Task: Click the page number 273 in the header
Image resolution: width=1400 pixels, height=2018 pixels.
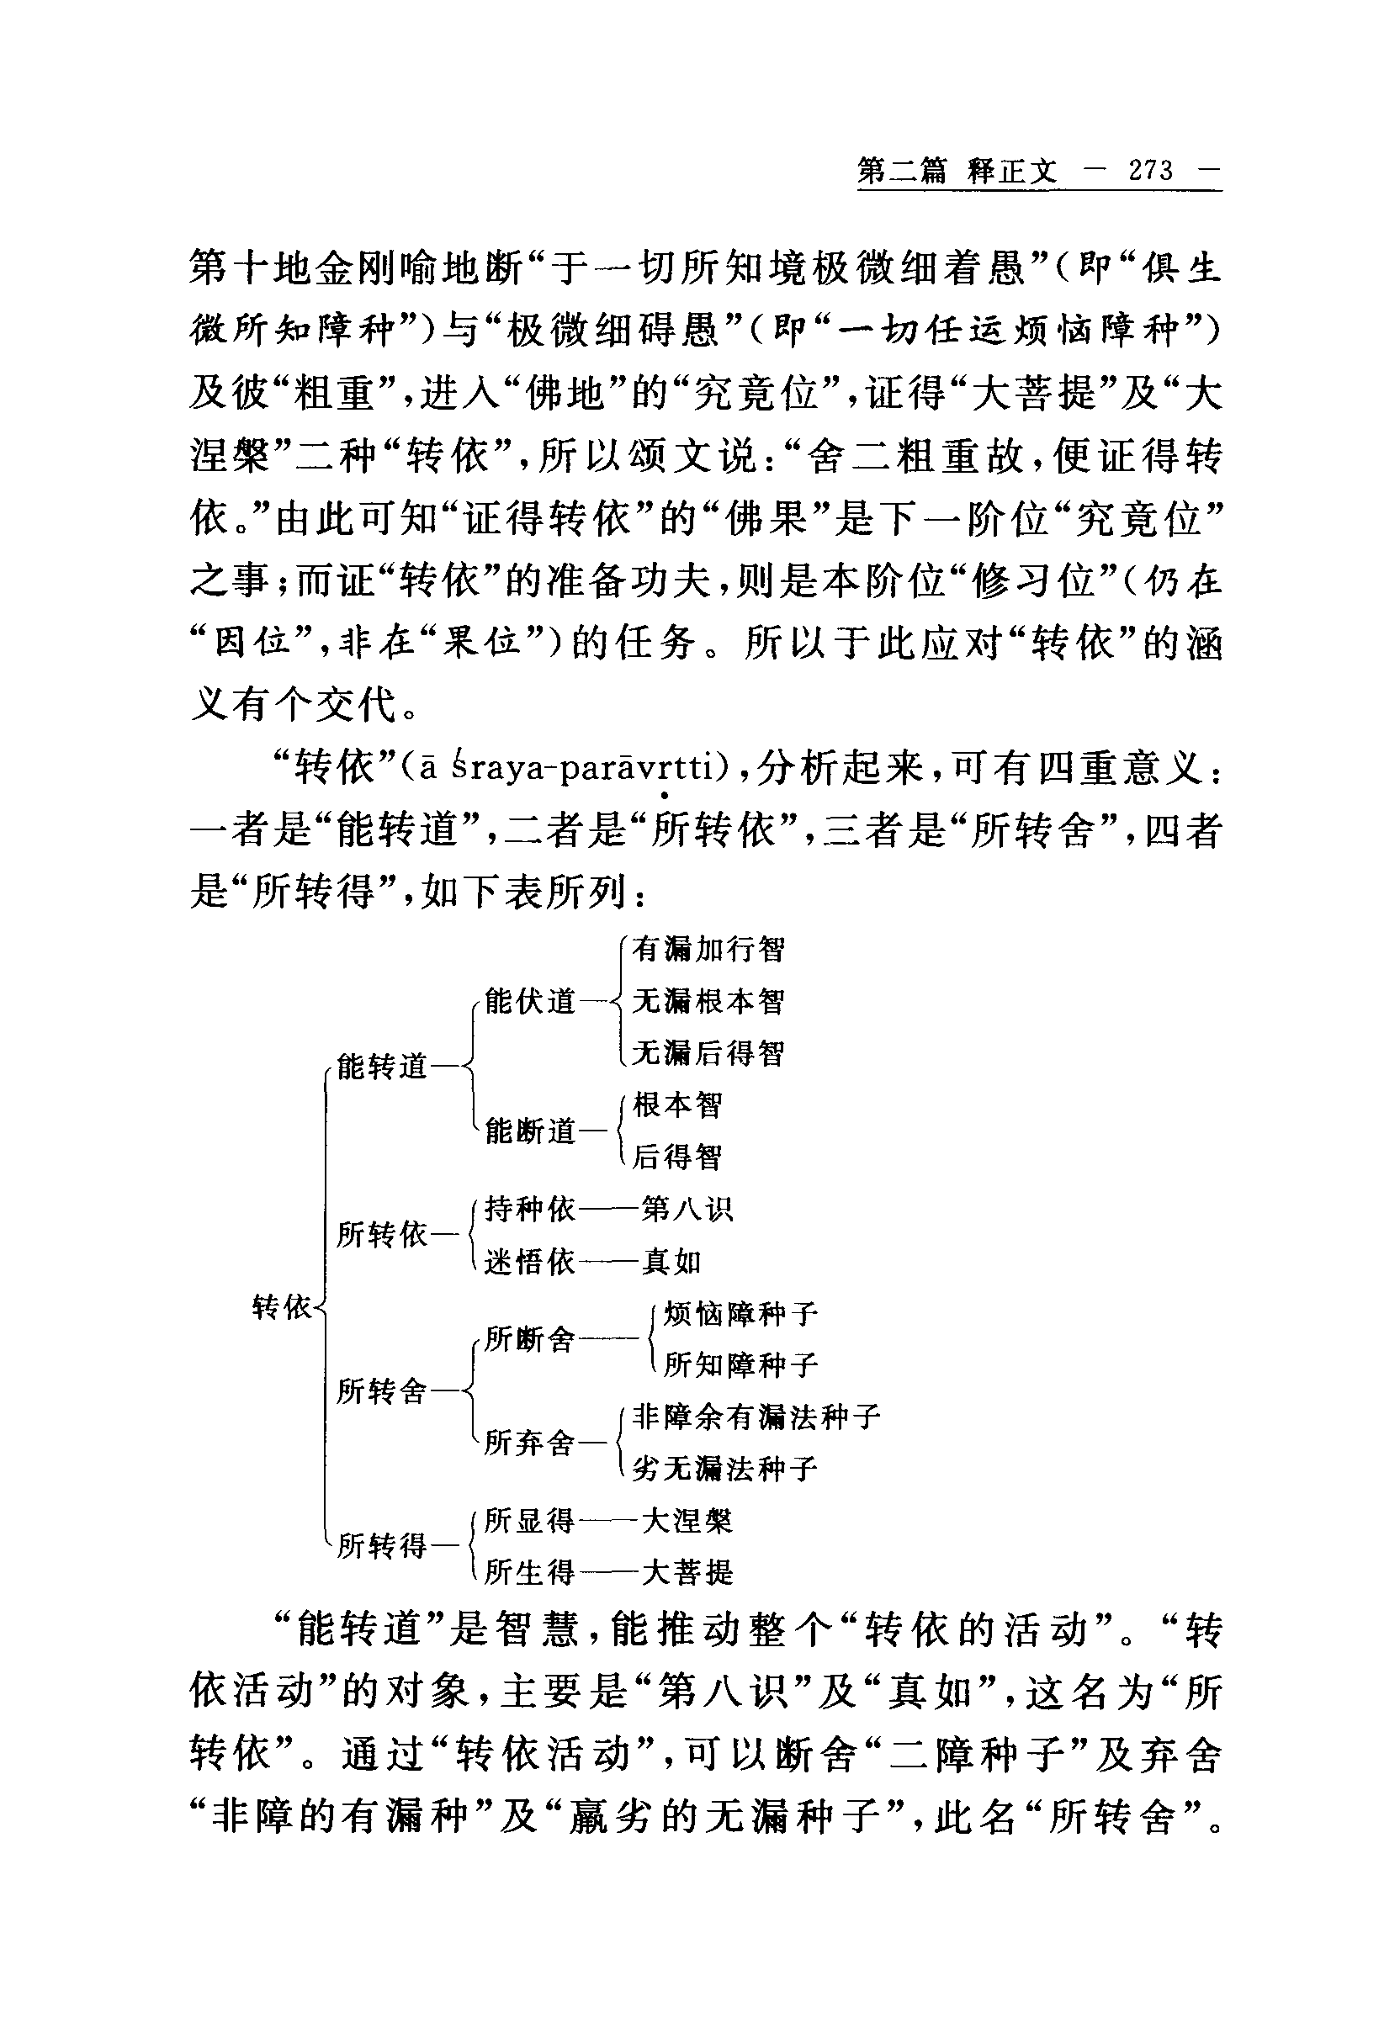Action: pyautogui.click(x=1150, y=170)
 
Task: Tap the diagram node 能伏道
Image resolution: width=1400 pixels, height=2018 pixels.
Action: pyautogui.click(x=529, y=1001)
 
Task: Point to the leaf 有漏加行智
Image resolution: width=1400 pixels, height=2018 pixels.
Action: pyautogui.click(x=708, y=949)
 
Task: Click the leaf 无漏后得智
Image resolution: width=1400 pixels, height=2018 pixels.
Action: pyautogui.click(x=708, y=1052)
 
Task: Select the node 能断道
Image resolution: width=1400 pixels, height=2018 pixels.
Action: pyautogui.click(x=529, y=1131)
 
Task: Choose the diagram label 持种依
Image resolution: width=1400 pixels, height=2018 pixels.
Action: pyautogui.click(x=529, y=1210)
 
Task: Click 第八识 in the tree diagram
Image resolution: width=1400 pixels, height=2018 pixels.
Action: pyautogui.click(x=686, y=1210)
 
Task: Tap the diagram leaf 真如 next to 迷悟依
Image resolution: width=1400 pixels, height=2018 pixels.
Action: pyautogui.click(x=671, y=1262)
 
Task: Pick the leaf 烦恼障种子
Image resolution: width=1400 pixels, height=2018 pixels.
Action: pyautogui.click(x=740, y=1314)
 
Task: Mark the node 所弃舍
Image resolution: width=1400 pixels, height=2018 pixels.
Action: pyautogui.click(x=529, y=1442)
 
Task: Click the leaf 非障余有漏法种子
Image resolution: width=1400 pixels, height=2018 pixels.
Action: pyautogui.click(x=756, y=1417)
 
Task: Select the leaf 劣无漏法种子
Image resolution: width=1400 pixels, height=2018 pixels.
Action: pyautogui.click(x=724, y=1468)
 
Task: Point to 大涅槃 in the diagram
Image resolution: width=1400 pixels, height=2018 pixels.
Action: pyautogui.click(x=686, y=1521)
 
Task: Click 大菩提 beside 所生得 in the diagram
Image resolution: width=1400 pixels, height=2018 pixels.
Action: pyautogui.click(x=686, y=1572)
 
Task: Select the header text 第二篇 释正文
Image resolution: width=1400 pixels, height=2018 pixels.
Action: pyautogui.click(x=957, y=170)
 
